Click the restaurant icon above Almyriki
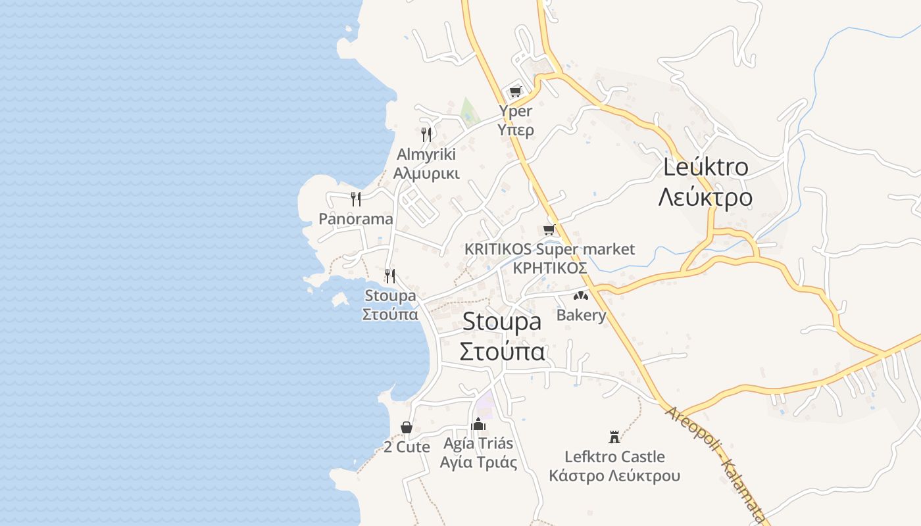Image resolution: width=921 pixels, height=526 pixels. point(426,135)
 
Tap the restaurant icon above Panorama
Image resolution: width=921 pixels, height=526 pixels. point(356,199)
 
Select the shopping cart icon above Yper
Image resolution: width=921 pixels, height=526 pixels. point(516,91)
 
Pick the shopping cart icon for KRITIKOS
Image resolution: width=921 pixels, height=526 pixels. point(549,229)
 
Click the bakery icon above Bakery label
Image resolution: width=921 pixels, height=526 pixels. point(580,296)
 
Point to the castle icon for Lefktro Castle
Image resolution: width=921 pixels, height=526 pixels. point(614,437)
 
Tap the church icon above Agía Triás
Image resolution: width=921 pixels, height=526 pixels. point(479,423)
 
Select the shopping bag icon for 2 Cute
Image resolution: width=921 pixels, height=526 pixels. point(407,427)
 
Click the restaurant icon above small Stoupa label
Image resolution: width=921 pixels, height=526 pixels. point(390,275)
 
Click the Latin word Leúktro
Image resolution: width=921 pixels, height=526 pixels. point(705,167)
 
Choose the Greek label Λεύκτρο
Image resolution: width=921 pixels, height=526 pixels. point(705,197)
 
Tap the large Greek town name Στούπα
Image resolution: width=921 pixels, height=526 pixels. point(502,352)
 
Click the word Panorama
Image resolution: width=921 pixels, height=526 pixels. point(356,219)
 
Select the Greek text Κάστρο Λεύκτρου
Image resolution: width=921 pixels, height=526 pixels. point(614,476)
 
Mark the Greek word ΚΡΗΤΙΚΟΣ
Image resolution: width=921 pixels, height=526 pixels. point(549,268)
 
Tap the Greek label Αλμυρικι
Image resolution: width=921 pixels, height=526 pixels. point(426,174)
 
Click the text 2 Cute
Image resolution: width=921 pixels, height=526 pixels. point(407,447)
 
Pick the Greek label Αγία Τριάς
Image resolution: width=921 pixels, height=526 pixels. point(479,462)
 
